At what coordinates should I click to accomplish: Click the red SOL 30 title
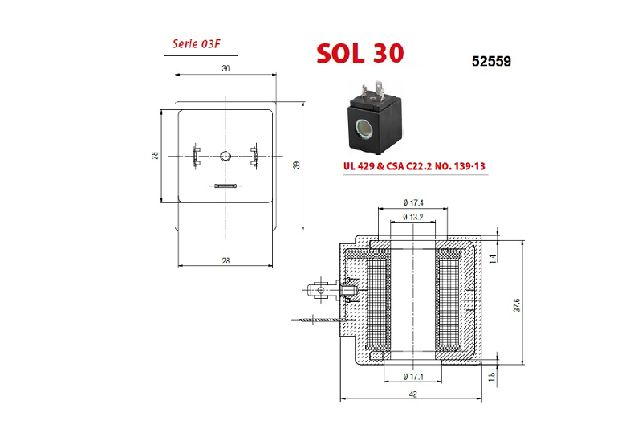pyautogui.click(x=360, y=53)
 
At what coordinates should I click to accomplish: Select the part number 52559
pyautogui.click(x=491, y=62)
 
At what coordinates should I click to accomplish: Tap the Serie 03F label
pyautogui.click(x=196, y=43)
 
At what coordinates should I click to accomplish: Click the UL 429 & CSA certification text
pyautogui.click(x=414, y=166)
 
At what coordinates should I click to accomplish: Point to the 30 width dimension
pyautogui.click(x=226, y=68)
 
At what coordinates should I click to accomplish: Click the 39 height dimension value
pyautogui.click(x=296, y=165)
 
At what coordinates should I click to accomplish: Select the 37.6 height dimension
pyautogui.click(x=517, y=305)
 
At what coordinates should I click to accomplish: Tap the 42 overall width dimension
pyautogui.click(x=412, y=394)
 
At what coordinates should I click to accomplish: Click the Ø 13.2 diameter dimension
pyautogui.click(x=412, y=217)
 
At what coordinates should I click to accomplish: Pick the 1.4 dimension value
pyautogui.click(x=493, y=259)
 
